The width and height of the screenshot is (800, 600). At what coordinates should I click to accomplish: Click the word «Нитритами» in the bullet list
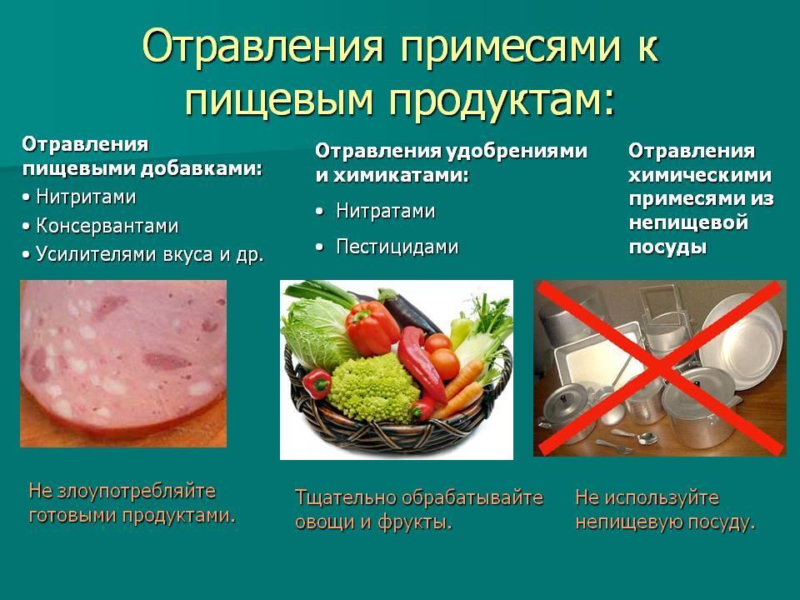(x=86, y=197)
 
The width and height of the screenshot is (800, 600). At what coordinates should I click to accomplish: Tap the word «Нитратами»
(x=386, y=211)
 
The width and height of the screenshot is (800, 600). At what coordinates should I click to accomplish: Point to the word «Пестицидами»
(x=397, y=247)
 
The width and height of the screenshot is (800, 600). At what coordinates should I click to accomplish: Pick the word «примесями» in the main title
(x=511, y=47)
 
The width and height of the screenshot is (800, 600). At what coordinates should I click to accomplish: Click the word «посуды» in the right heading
(x=667, y=247)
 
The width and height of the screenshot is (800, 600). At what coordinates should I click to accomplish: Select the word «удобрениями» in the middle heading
(x=517, y=151)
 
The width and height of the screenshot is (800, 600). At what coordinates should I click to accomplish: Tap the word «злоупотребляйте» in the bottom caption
(x=137, y=492)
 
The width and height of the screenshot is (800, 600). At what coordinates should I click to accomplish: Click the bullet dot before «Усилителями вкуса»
(x=27, y=255)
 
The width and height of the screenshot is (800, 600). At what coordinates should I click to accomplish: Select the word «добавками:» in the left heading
(x=202, y=169)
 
